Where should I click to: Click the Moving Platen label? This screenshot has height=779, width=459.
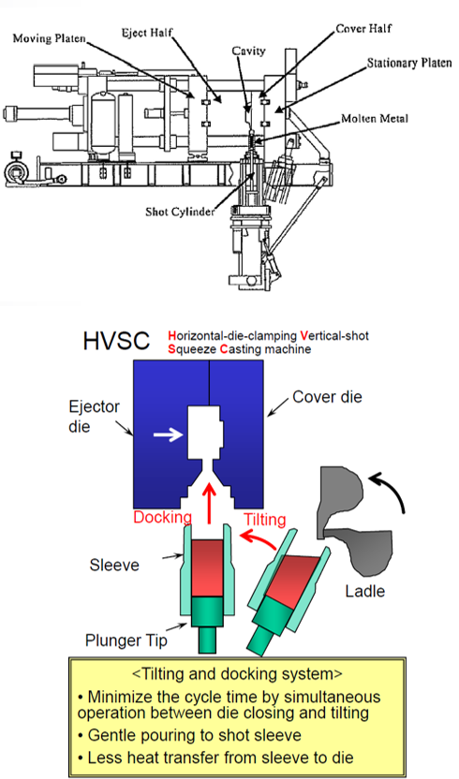[50, 38]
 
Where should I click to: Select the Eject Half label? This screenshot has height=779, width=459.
[147, 34]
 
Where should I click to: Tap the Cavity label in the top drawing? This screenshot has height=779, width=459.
[248, 51]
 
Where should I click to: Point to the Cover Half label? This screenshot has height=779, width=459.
[363, 29]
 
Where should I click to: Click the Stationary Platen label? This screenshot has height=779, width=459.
[409, 63]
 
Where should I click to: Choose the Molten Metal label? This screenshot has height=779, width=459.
[375, 119]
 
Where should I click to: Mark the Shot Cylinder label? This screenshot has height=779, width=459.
[180, 212]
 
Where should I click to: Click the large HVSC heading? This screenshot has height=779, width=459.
[116, 341]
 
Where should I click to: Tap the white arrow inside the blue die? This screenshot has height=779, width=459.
[168, 435]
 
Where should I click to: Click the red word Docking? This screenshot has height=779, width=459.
[163, 517]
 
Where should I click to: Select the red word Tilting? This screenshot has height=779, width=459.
[264, 520]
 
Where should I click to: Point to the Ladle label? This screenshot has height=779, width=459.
[365, 591]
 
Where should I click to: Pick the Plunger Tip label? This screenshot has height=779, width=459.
[126, 640]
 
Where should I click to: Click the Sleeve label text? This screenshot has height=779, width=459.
[114, 565]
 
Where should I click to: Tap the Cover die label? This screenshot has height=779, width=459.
[327, 397]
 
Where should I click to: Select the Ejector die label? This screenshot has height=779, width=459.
[94, 417]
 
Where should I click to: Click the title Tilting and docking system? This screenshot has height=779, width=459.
[237, 674]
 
